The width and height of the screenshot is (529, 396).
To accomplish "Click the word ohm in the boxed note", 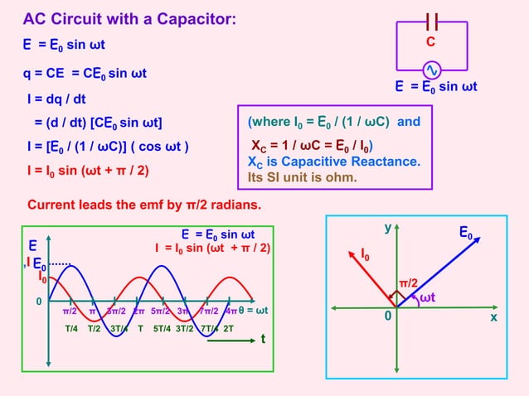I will pyautogui.click(x=340, y=177).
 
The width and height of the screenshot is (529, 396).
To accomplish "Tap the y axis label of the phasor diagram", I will pyautogui.click(x=386, y=226).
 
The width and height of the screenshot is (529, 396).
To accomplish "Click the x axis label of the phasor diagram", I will pyautogui.click(x=493, y=317).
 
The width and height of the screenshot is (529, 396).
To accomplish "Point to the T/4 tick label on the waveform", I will pyautogui.click(x=71, y=328).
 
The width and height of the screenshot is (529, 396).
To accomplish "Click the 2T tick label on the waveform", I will pyautogui.click(x=228, y=328).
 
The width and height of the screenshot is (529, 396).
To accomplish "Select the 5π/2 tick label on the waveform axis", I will pyautogui.click(x=161, y=311).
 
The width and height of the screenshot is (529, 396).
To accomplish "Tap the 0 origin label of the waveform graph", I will pyautogui.click(x=37, y=302).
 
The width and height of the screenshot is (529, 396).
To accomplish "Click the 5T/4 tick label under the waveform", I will pyautogui.click(x=161, y=328).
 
